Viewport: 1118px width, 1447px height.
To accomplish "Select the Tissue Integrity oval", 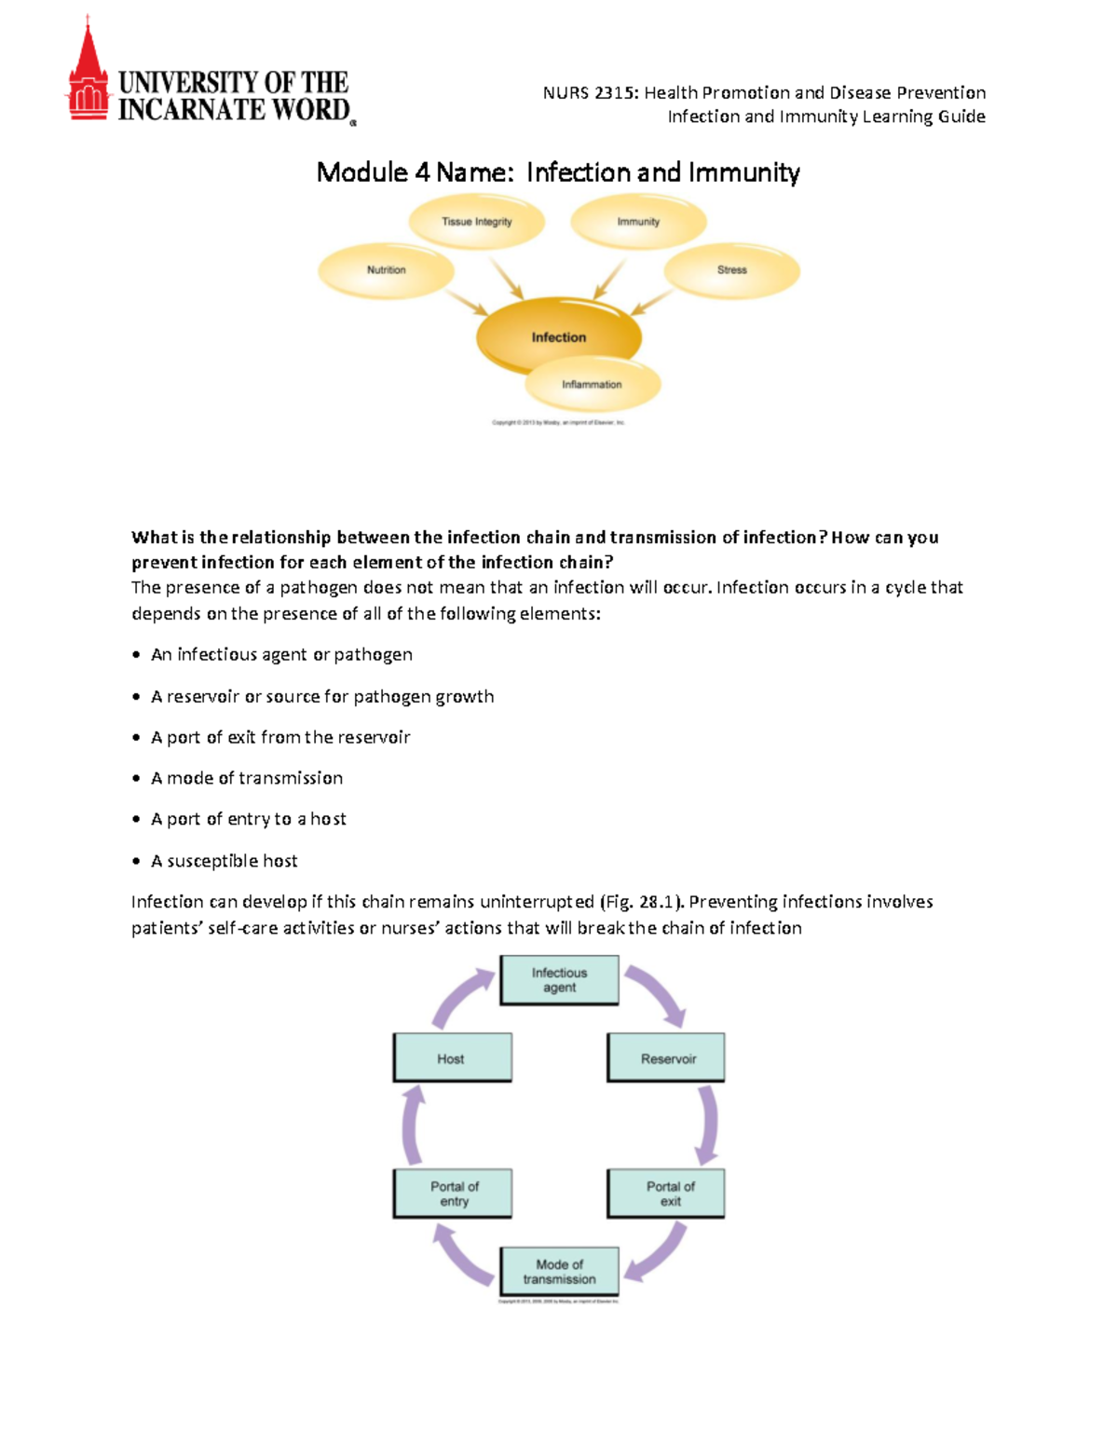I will point(476,222).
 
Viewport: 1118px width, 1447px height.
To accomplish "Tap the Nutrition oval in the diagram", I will point(386,270).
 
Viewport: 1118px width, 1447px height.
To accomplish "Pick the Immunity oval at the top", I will point(638,222).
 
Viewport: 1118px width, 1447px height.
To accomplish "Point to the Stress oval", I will point(731,270).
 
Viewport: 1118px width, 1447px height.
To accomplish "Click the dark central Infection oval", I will point(558,336).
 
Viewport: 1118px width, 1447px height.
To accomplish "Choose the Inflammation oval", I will point(593,385).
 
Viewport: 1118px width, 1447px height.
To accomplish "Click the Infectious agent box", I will point(559,980).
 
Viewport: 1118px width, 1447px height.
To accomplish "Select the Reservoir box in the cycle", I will point(666,1058).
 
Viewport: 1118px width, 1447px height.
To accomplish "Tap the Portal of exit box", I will point(666,1194).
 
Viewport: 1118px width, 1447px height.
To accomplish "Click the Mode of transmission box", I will point(559,1272).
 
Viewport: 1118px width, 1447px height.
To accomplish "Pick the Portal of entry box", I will point(453,1194).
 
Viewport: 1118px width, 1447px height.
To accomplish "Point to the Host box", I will point(453,1058).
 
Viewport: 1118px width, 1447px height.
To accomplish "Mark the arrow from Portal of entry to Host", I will point(411,1125).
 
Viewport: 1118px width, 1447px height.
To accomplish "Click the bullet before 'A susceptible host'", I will point(136,861).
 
